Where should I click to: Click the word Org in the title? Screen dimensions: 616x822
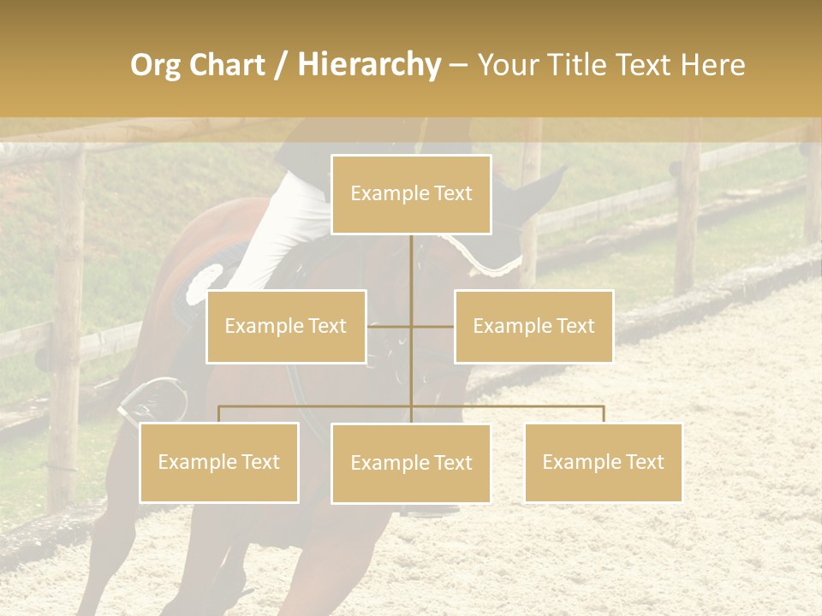point(156,65)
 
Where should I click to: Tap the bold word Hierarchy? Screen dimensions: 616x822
point(368,65)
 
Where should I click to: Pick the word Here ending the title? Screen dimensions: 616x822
point(712,65)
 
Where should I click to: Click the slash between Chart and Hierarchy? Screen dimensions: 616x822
point(281,66)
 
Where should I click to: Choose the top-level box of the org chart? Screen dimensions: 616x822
point(411,194)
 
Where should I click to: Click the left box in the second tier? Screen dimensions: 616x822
point(286,326)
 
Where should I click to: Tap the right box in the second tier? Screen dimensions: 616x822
point(533,326)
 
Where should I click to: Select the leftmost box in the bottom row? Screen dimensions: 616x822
point(219,462)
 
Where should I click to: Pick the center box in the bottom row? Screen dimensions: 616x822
point(411,463)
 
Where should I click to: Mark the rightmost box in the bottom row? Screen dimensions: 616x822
point(603,462)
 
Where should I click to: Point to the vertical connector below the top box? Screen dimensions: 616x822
point(411,274)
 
